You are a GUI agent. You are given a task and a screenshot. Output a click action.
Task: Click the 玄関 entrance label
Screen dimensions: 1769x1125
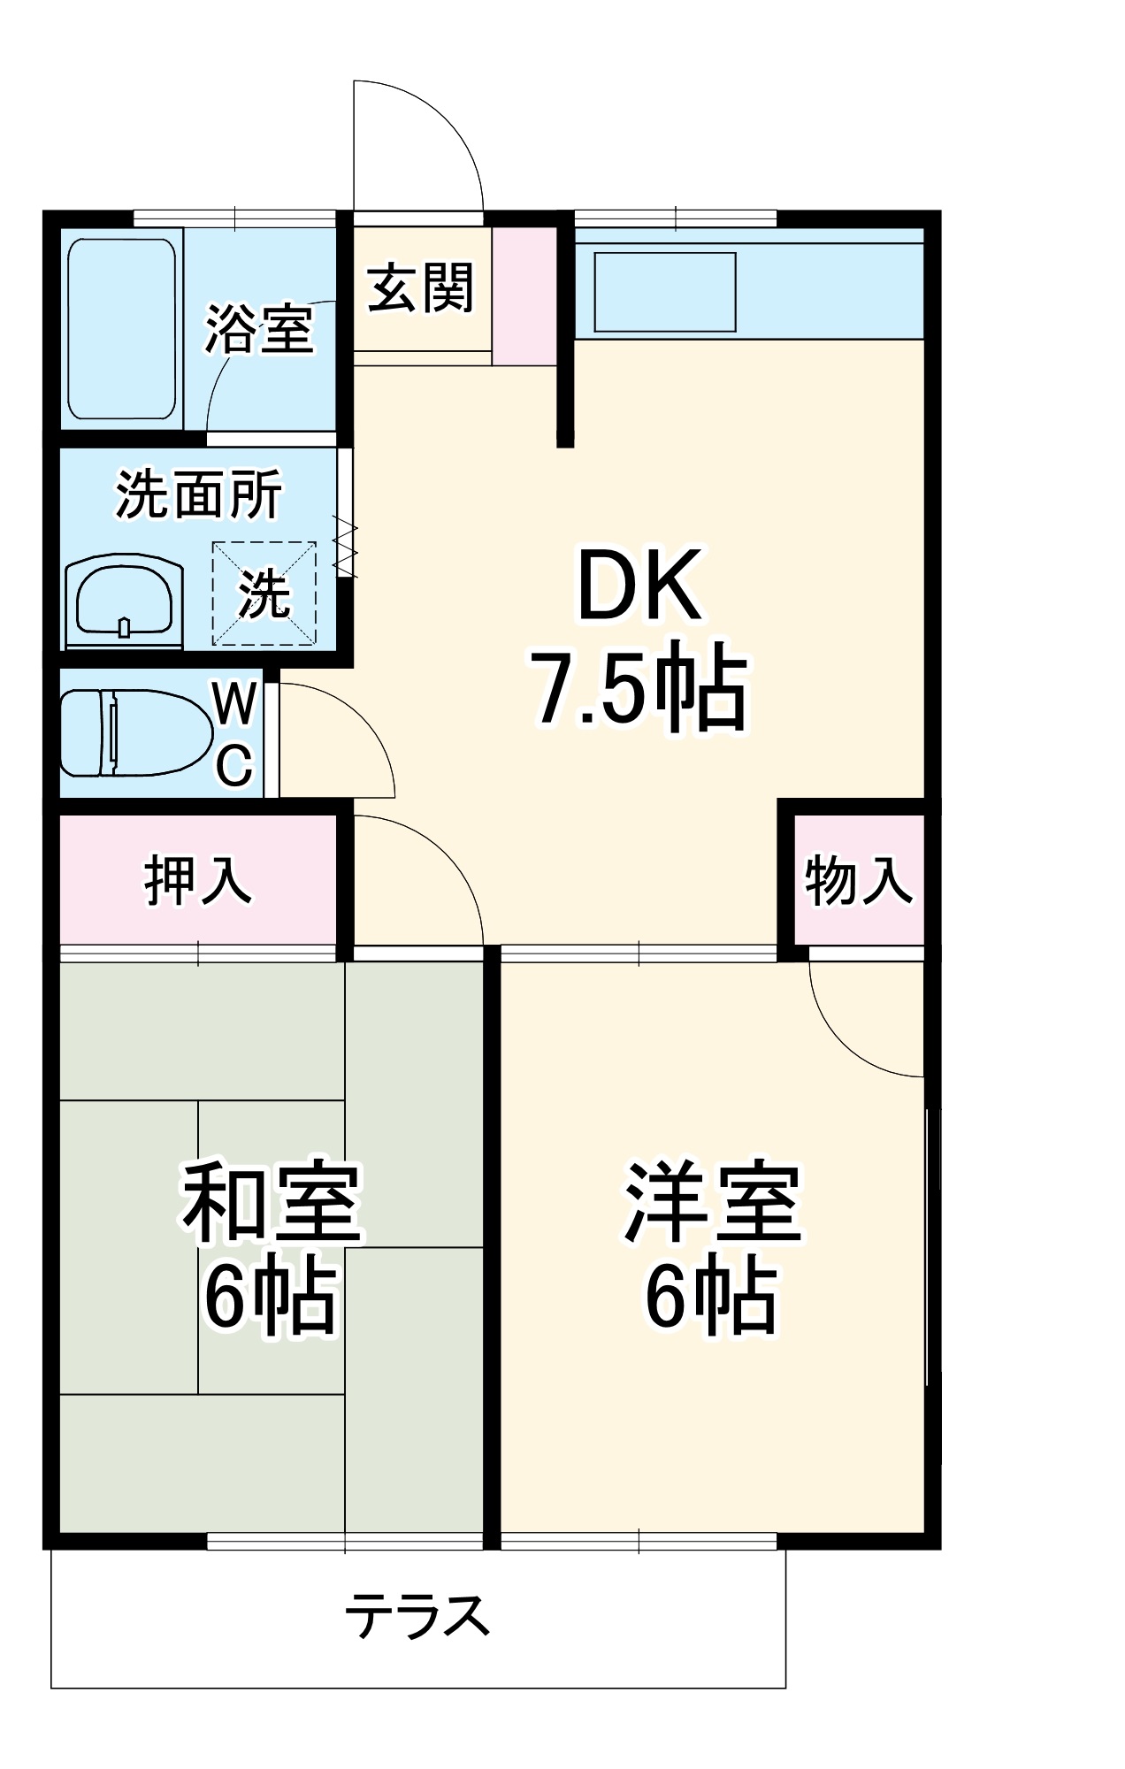point(421,288)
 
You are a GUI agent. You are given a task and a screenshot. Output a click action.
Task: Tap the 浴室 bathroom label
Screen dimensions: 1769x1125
point(259,330)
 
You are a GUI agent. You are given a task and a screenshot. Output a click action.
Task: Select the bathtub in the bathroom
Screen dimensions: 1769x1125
point(122,328)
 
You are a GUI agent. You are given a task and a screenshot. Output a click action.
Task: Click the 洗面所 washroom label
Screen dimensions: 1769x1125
point(199,494)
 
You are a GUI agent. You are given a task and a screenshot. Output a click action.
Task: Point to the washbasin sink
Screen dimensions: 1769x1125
point(124,601)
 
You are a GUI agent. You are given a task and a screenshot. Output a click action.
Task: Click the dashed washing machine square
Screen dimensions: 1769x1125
point(264,593)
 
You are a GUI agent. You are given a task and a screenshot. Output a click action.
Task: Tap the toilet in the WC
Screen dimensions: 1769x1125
point(133,733)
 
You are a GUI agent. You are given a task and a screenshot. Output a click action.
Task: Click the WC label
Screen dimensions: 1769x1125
point(235,734)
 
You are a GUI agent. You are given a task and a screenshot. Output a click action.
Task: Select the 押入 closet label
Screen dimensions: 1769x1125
point(198,881)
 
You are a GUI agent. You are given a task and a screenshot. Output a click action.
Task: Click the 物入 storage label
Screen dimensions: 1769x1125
point(858,881)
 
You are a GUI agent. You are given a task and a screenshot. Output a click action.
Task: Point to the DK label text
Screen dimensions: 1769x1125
point(639,586)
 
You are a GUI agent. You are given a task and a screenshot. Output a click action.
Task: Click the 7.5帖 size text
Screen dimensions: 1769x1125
point(639,687)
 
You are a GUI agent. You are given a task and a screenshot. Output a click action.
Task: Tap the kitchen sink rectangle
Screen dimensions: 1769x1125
point(665,293)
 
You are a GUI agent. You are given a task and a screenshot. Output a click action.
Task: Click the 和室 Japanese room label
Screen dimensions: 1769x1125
point(272,1202)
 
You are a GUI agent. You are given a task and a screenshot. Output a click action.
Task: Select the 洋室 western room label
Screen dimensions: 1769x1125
point(712,1202)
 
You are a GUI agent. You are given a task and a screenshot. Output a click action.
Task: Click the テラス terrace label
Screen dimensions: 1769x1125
point(417,1616)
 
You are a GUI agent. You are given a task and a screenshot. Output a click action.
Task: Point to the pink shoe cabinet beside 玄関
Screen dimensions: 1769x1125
point(524,295)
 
